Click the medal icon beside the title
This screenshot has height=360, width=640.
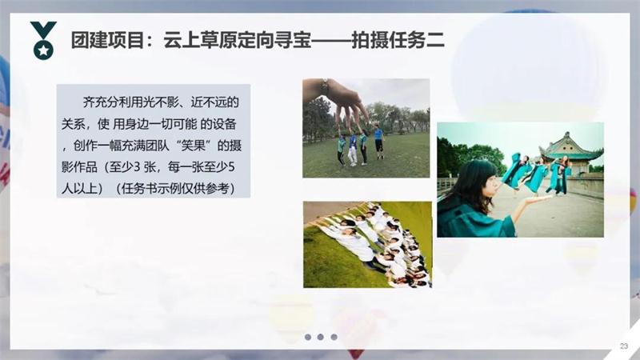tap(42, 40)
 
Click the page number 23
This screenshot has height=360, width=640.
tap(623, 346)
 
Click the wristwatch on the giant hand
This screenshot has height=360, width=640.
tap(325, 86)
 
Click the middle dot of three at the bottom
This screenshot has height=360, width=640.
tap(320, 337)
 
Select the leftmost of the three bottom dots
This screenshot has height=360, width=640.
tap(307, 337)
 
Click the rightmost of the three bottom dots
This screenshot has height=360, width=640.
tap(334, 337)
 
